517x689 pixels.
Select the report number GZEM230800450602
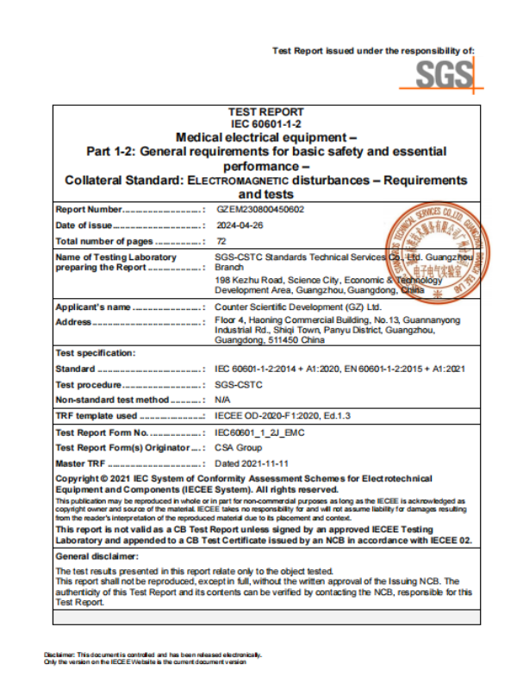[258, 208]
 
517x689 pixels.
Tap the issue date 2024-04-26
[239, 225]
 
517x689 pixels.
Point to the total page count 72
[221, 241]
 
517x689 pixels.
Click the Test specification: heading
[95, 353]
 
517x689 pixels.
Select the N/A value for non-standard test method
[221, 400]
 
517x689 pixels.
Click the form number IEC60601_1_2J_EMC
[259, 432]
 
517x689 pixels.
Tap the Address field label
[73, 321]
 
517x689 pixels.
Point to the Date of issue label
[84, 225]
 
